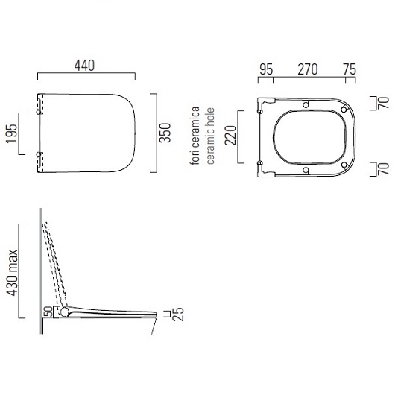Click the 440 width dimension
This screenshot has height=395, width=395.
[84, 66]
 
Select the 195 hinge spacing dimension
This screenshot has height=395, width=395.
[12, 133]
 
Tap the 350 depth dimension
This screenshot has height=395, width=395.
[165, 133]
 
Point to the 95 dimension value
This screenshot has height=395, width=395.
[266, 69]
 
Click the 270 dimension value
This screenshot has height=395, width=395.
[308, 69]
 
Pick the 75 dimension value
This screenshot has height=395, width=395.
[350, 69]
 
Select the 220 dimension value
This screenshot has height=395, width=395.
[231, 136]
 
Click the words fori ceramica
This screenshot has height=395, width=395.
[195, 136]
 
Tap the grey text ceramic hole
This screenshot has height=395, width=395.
[210, 136]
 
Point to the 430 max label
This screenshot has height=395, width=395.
[12, 273]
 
